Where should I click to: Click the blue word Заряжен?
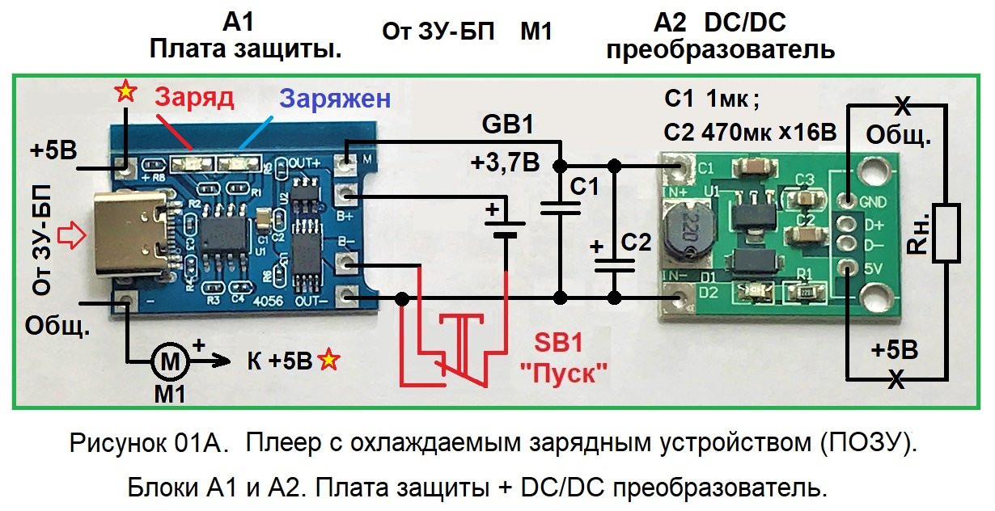pyautogui.click(x=335, y=99)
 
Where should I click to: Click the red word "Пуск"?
pyautogui.click(x=565, y=374)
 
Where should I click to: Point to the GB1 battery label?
pyautogui.click(x=507, y=127)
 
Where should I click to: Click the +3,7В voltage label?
pyautogui.click(x=504, y=163)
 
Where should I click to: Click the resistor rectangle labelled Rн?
pyautogui.click(x=944, y=234)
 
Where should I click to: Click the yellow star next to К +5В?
pyautogui.click(x=328, y=360)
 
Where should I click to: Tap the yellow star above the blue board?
pyautogui.click(x=125, y=91)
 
